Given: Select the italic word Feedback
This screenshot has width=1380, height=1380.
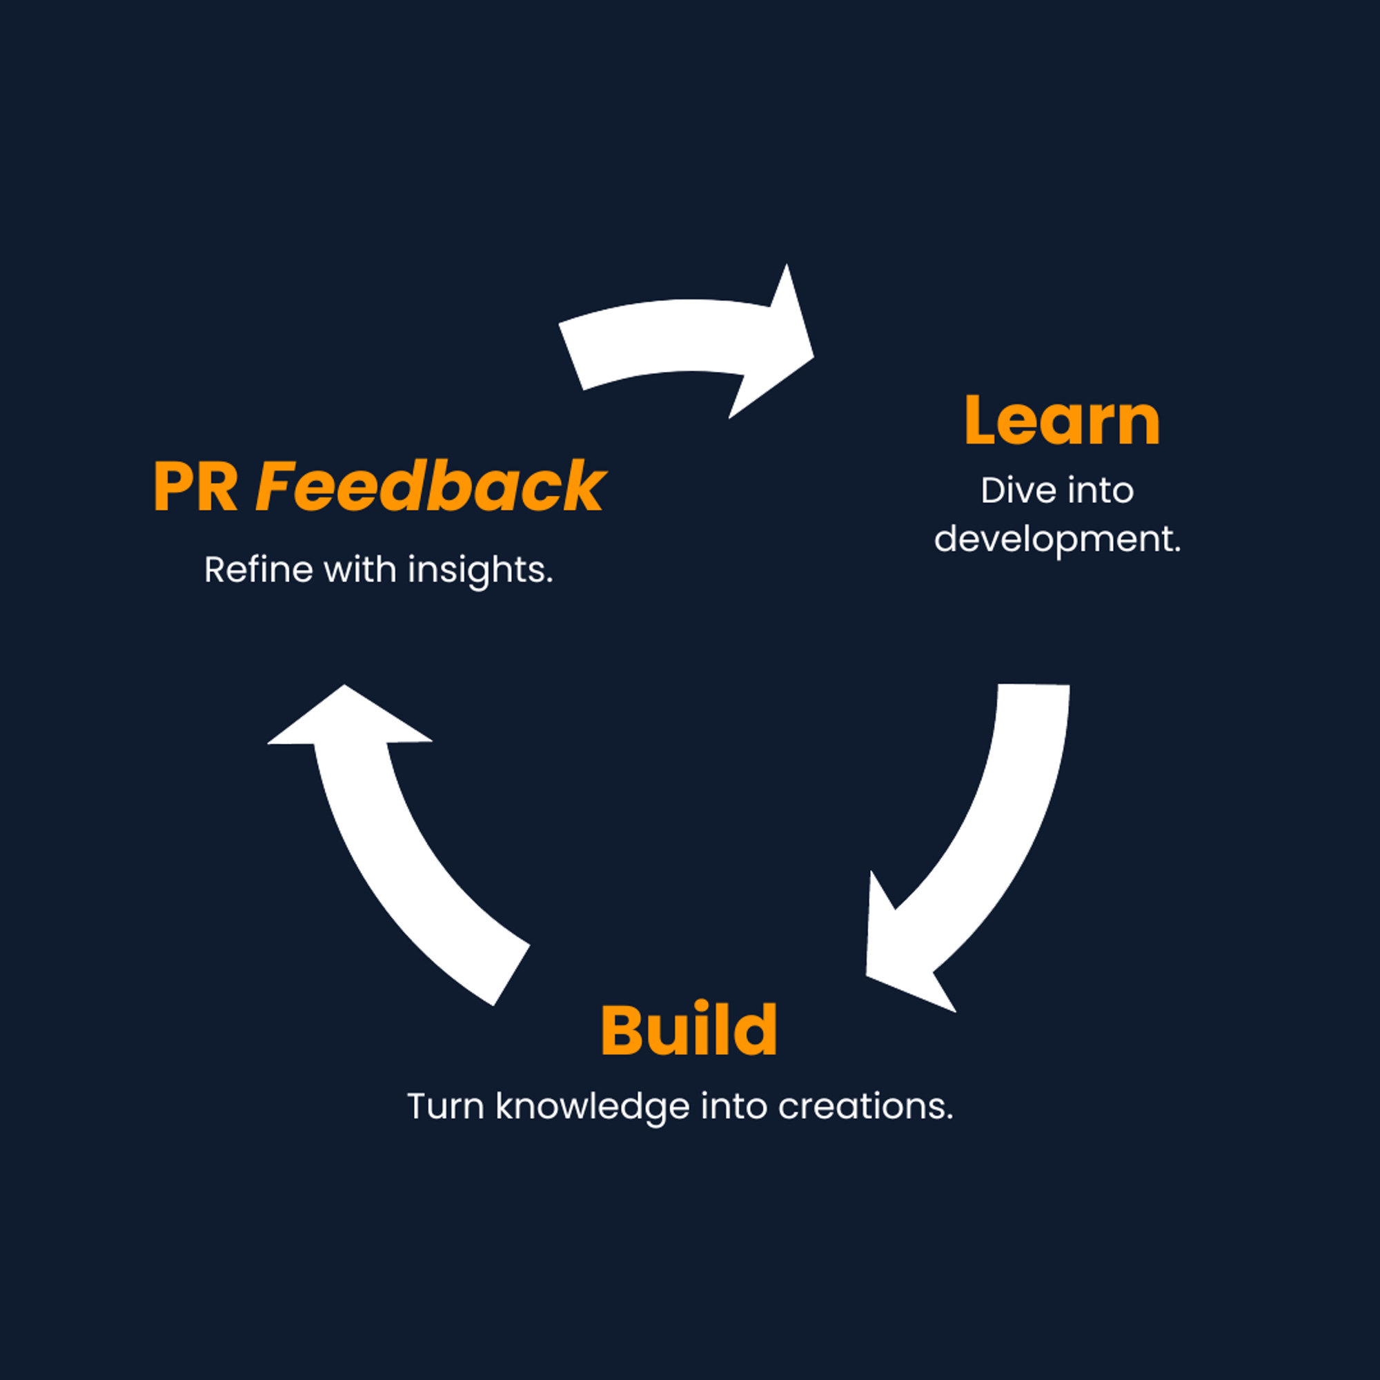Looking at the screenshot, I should pos(430,486).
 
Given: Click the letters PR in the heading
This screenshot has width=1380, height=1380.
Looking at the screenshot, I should pos(195,487).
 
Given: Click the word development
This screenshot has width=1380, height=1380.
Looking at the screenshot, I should pos(1057,540).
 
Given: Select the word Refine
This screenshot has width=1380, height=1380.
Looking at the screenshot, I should pos(259,570).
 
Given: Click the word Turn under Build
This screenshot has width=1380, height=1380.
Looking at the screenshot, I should pos(446,1107).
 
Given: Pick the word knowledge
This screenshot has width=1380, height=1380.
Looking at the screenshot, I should pos(593,1107).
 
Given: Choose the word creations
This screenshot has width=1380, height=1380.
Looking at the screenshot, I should pos(865,1107).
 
